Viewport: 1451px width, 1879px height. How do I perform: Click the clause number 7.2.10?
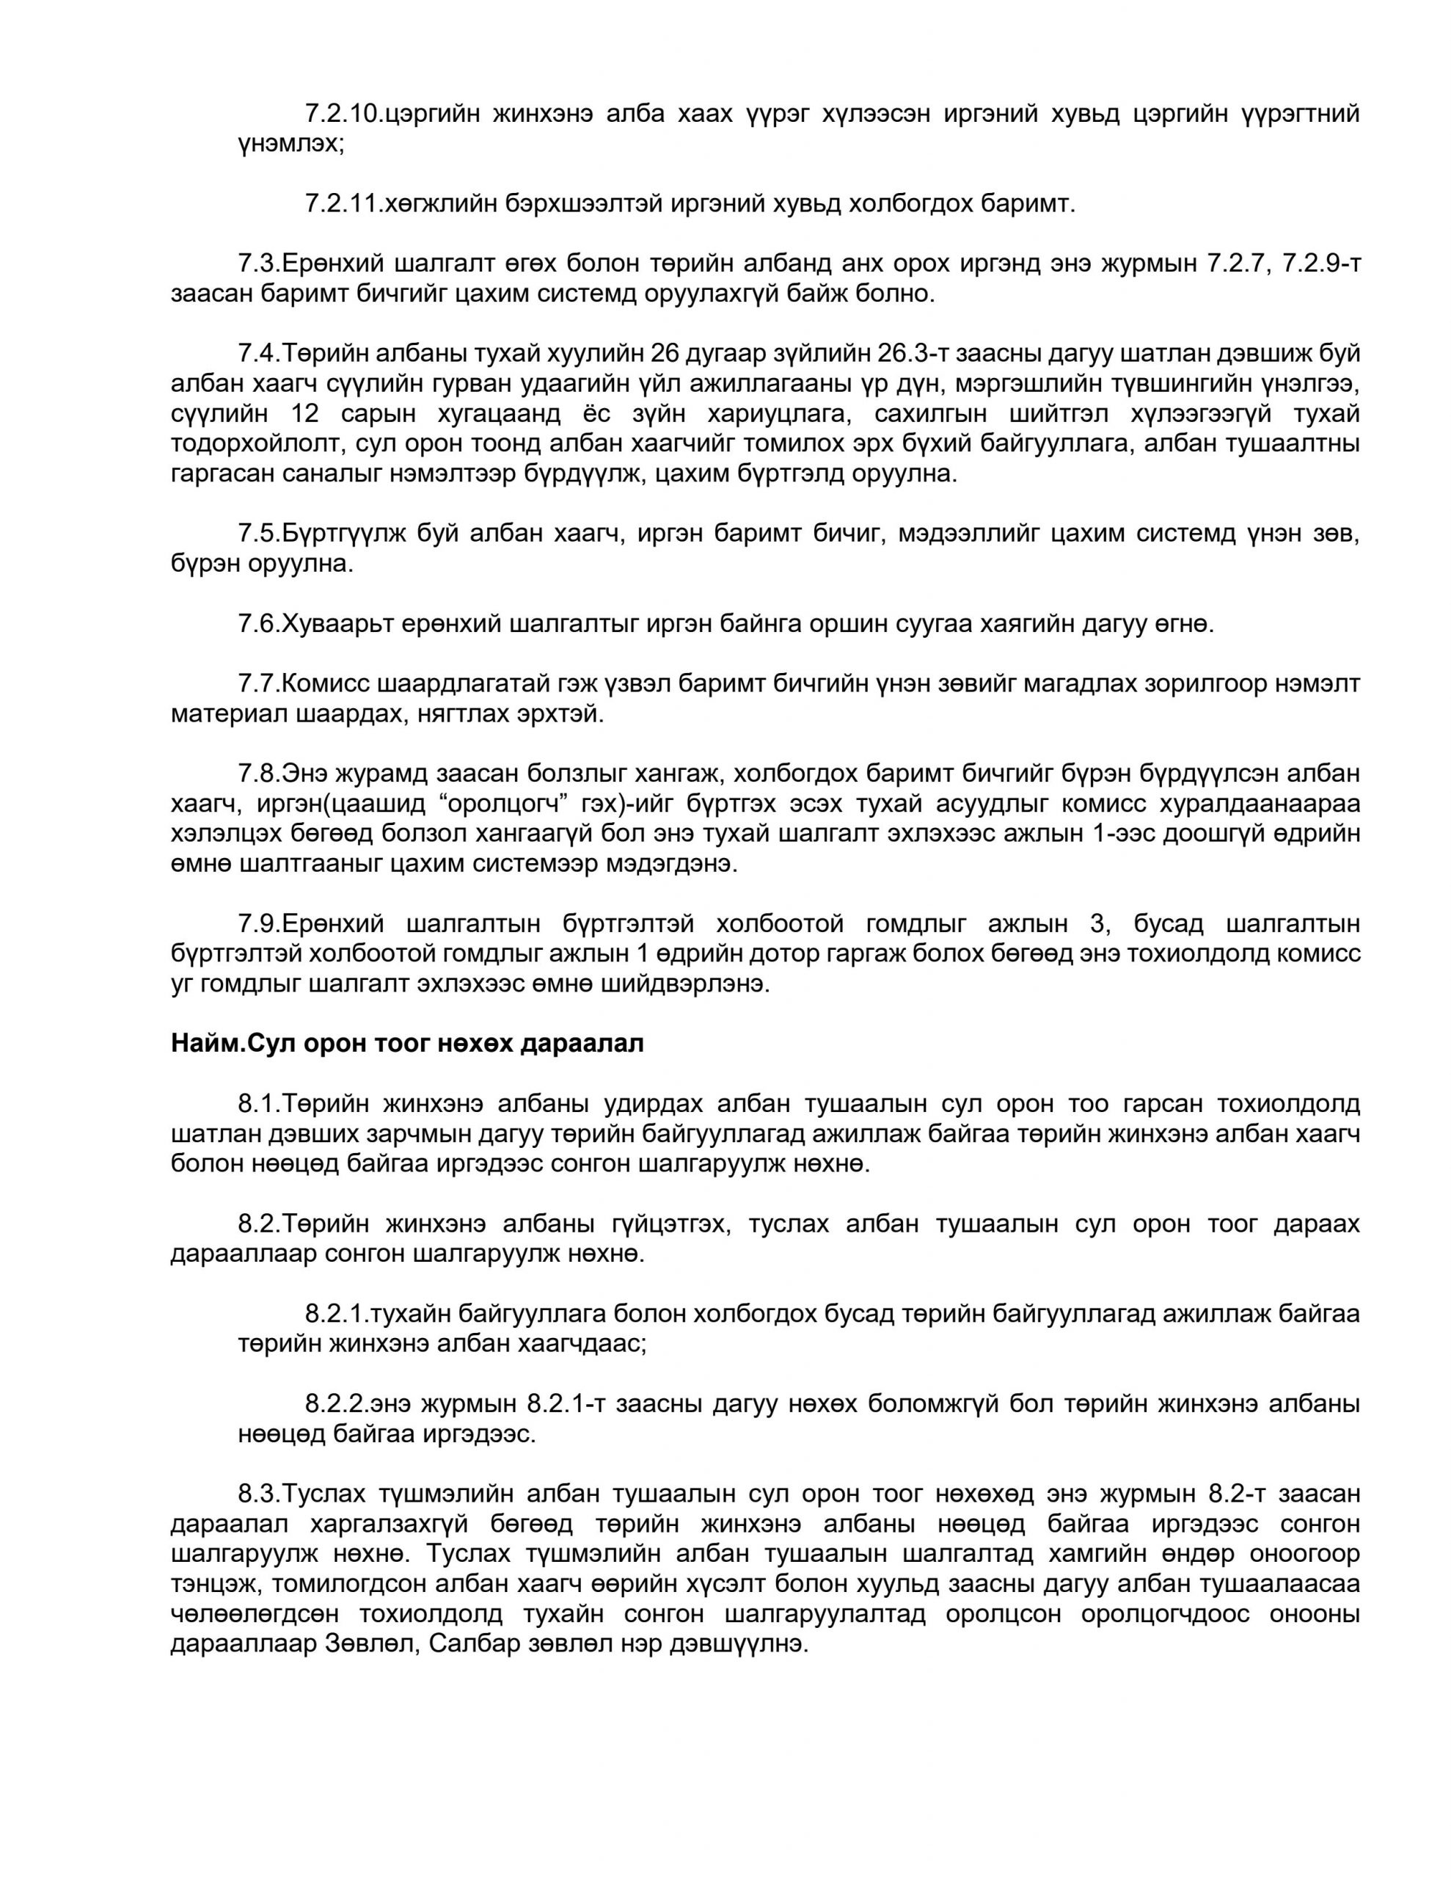341,114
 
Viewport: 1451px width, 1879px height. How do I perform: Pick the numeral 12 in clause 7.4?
306,414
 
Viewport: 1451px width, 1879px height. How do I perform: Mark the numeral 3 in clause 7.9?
1096,924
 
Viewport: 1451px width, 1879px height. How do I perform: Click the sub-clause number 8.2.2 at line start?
337,1405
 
